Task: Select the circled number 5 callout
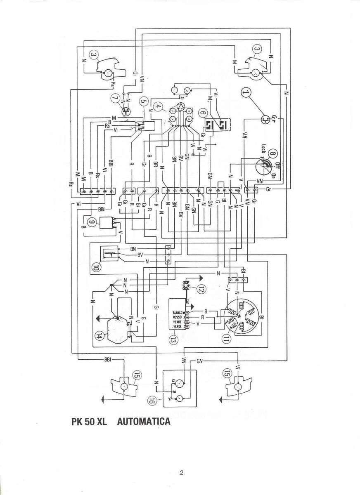(143, 101)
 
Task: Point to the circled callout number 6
(202, 112)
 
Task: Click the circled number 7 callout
(115, 98)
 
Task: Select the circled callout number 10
(96, 266)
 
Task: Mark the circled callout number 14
(99, 336)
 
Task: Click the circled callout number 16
(152, 399)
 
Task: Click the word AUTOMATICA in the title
(144, 422)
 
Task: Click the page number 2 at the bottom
(181, 473)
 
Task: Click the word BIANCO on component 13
(178, 313)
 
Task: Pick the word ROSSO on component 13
(178, 317)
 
